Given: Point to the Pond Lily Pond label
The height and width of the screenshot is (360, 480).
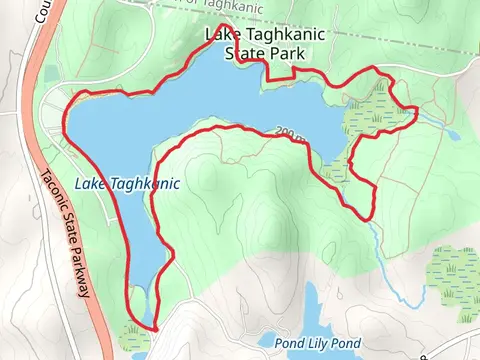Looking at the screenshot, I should pos(317,343).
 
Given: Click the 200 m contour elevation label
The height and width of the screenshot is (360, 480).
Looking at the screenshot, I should pos(291,131).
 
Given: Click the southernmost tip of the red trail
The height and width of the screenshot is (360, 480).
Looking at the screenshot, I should pos(156,327).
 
